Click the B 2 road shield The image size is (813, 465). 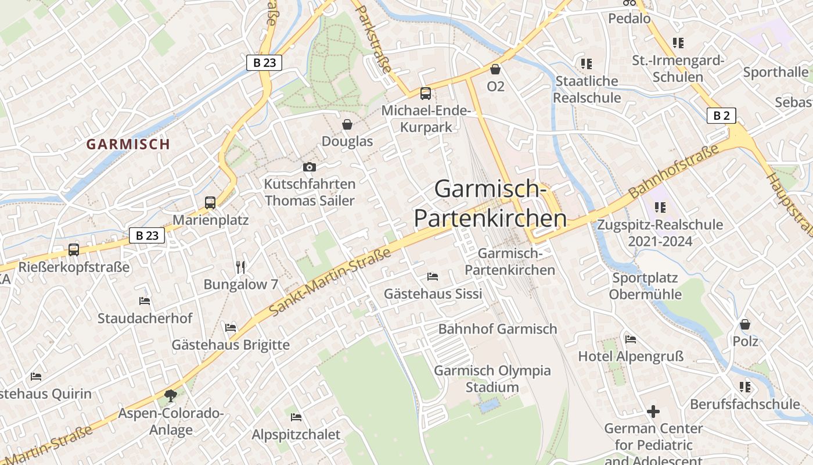click(721, 116)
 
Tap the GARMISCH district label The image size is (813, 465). click(128, 144)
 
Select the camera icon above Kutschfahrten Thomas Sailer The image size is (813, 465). click(310, 167)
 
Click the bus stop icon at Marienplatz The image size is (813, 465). click(210, 203)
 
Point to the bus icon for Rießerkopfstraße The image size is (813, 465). click(74, 250)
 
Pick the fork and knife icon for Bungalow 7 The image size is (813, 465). click(240, 267)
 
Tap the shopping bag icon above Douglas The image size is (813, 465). click(347, 124)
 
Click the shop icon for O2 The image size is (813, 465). click(495, 70)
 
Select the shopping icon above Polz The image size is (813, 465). click(745, 324)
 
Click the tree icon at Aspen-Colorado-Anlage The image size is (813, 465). click(171, 396)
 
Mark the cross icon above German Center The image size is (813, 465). click(653, 412)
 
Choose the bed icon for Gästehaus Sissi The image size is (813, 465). click(433, 277)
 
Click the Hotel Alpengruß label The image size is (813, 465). click(631, 356)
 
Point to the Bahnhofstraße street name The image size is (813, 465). click(674, 169)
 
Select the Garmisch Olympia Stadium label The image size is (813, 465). click(492, 378)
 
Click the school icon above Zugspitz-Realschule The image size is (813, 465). click(660, 208)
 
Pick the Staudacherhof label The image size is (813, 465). click(145, 319)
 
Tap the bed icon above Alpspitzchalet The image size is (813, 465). click(296, 417)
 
